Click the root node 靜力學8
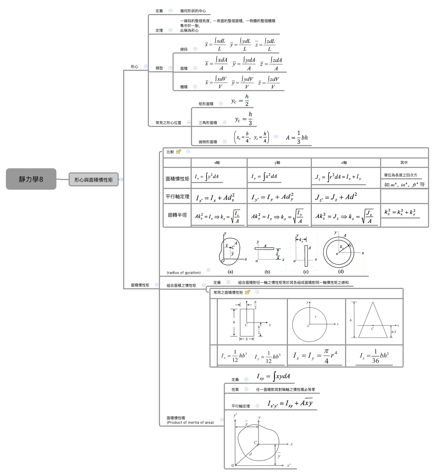[31, 179]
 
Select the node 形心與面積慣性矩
[93, 180]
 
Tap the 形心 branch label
[134, 67]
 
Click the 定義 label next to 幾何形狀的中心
[159, 11]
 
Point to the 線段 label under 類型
[184, 49]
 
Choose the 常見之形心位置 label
[168, 123]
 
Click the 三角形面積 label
[208, 123]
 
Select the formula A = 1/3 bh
[297, 138]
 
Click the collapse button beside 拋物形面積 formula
[276, 137]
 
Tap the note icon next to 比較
[179, 152]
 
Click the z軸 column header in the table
[344, 163]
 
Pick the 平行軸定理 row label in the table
[177, 197]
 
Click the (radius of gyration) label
[184, 273]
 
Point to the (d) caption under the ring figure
[341, 271]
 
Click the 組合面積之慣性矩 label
[181, 286]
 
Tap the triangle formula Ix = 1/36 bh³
[374, 357]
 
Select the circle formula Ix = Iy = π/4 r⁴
[315, 356]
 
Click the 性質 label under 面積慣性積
[235, 390]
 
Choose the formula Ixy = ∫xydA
[273, 376]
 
